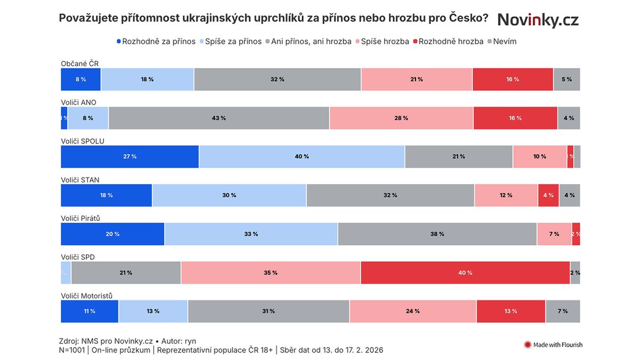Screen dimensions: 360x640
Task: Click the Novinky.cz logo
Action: coord(538,20)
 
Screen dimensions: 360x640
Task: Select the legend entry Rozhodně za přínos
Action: coord(156,41)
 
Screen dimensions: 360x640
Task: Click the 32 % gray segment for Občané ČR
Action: coord(277,79)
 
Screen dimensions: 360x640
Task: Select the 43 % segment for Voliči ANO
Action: coord(219,118)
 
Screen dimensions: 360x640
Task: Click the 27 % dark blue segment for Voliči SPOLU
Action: coord(130,157)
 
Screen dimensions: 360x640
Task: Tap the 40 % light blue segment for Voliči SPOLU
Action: coord(302,157)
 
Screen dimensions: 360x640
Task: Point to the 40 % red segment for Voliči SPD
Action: coord(465,273)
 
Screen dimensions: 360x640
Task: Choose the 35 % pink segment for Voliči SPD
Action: coord(270,273)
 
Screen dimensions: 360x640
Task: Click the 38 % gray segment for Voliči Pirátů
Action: coord(437,234)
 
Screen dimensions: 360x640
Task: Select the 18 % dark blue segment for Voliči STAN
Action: coord(106,195)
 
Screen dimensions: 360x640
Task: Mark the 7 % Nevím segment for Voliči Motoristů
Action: coord(563,311)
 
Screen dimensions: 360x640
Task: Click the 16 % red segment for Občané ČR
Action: coord(513,79)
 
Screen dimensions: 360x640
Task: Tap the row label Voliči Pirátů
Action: coord(81,219)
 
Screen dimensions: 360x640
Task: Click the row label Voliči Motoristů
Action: coord(86,296)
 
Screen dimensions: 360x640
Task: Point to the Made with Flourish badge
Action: coord(553,345)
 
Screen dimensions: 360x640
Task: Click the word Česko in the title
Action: coord(466,18)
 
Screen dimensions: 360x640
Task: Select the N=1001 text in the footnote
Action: coord(72,350)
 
